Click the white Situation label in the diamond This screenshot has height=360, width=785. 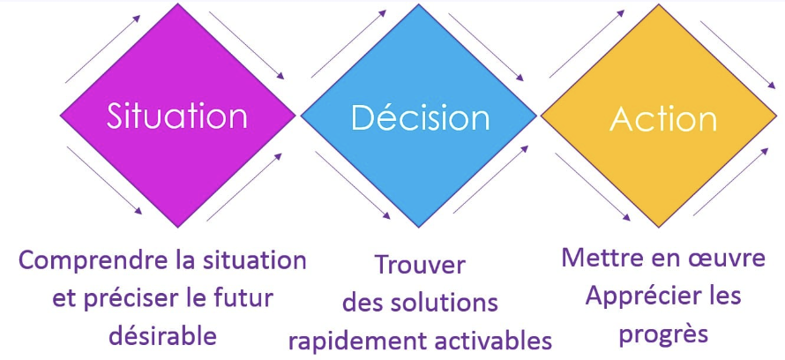pyautogui.click(x=177, y=116)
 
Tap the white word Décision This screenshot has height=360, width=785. pyautogui.click(x=420, y=117)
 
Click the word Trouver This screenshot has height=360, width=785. pyautogui.click(x=420, y=265)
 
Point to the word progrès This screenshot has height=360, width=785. pyautogui.click(x=662, y=334)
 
